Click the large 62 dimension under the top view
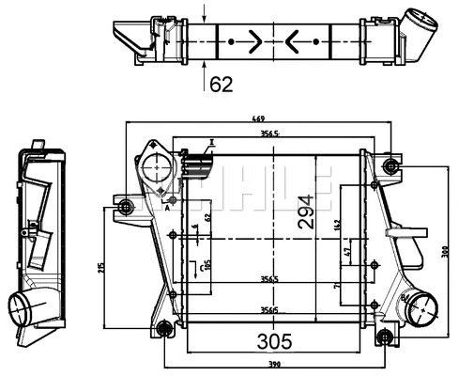(x=221, y=85)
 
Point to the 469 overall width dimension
(x=256, y=119)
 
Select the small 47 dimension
(x=349, y=253)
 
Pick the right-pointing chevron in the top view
(x=256, y=41)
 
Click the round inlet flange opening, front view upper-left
(x=155, y=174)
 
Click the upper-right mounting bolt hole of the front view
(x=390, y=167)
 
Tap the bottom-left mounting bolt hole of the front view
(x=164, y=328)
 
